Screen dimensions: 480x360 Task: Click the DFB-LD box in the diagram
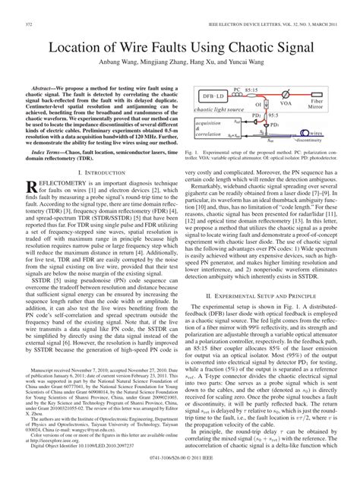(x=212, y=97)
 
